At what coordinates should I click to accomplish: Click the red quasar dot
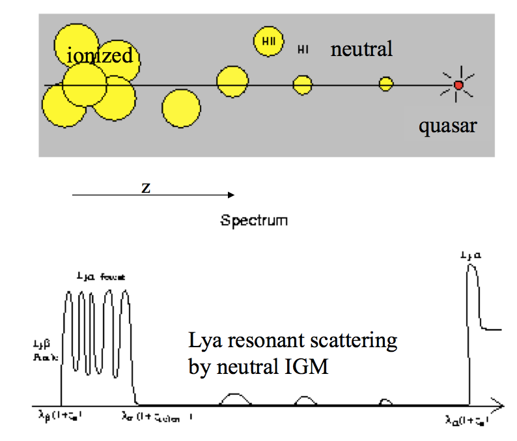point(458,85)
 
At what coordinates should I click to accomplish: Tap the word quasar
point(447,125)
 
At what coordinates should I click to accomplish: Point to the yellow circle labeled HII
point(268,41)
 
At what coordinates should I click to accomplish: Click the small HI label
point(303,49)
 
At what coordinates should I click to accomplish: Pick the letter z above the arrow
point(147,187)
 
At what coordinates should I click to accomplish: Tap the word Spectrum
point(254,220)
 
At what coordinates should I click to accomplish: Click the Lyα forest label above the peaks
point(100,277)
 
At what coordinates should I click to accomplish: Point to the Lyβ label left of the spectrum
point(46,348)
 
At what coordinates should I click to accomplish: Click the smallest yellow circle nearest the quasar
point(386,84)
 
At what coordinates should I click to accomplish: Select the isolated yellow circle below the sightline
point(181,109)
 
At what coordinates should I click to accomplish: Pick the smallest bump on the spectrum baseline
point(385,402)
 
